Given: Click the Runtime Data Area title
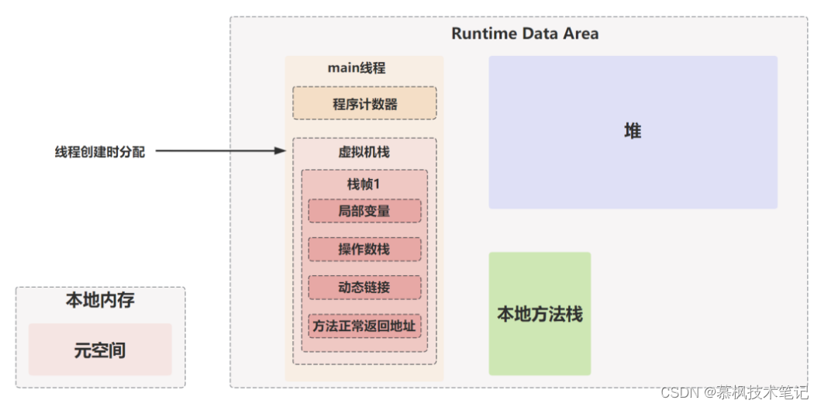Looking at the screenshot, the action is point(525,33).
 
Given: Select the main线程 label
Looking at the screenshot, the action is point(356,68).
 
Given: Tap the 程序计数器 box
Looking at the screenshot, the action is point(364,103).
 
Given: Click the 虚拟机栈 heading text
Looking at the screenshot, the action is point(364,153).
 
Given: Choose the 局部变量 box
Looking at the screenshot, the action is point(364,211).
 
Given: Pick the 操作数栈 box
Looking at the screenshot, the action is point(364,250).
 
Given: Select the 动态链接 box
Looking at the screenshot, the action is point(364,288).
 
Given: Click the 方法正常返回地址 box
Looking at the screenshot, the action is point(364,326).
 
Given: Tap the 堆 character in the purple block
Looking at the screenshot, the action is point(633,131).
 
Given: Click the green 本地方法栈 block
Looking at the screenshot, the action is point(540,314).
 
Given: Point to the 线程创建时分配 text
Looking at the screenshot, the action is point(99,152).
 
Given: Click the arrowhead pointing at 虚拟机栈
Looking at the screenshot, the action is point(281,151).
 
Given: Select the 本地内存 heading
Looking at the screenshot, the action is point(100,301).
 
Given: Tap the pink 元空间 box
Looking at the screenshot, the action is point(100,350).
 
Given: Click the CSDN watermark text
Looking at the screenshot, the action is point(734,391).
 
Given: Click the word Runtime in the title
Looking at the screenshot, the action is point(483,33).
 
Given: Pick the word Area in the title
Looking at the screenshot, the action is point(581,33).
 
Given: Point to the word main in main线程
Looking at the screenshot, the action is point(343,68).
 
